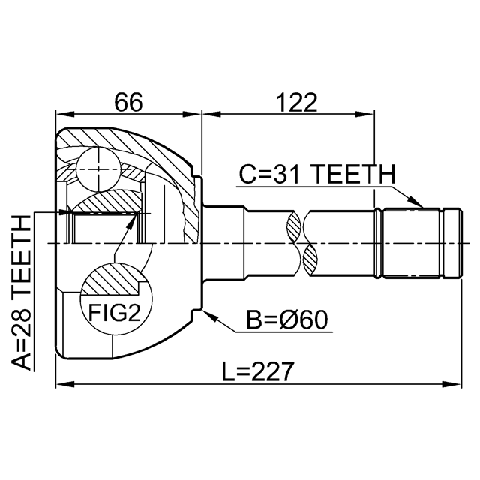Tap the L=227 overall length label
click(x=258, y=371)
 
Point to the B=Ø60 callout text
click(x=287, y=320)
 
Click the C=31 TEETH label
click(x=317, y=173)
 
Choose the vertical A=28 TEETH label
click(x=22, y=292)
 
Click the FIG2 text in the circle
click(x=115, y=313)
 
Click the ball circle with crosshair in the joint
click(x=98, y=169)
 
